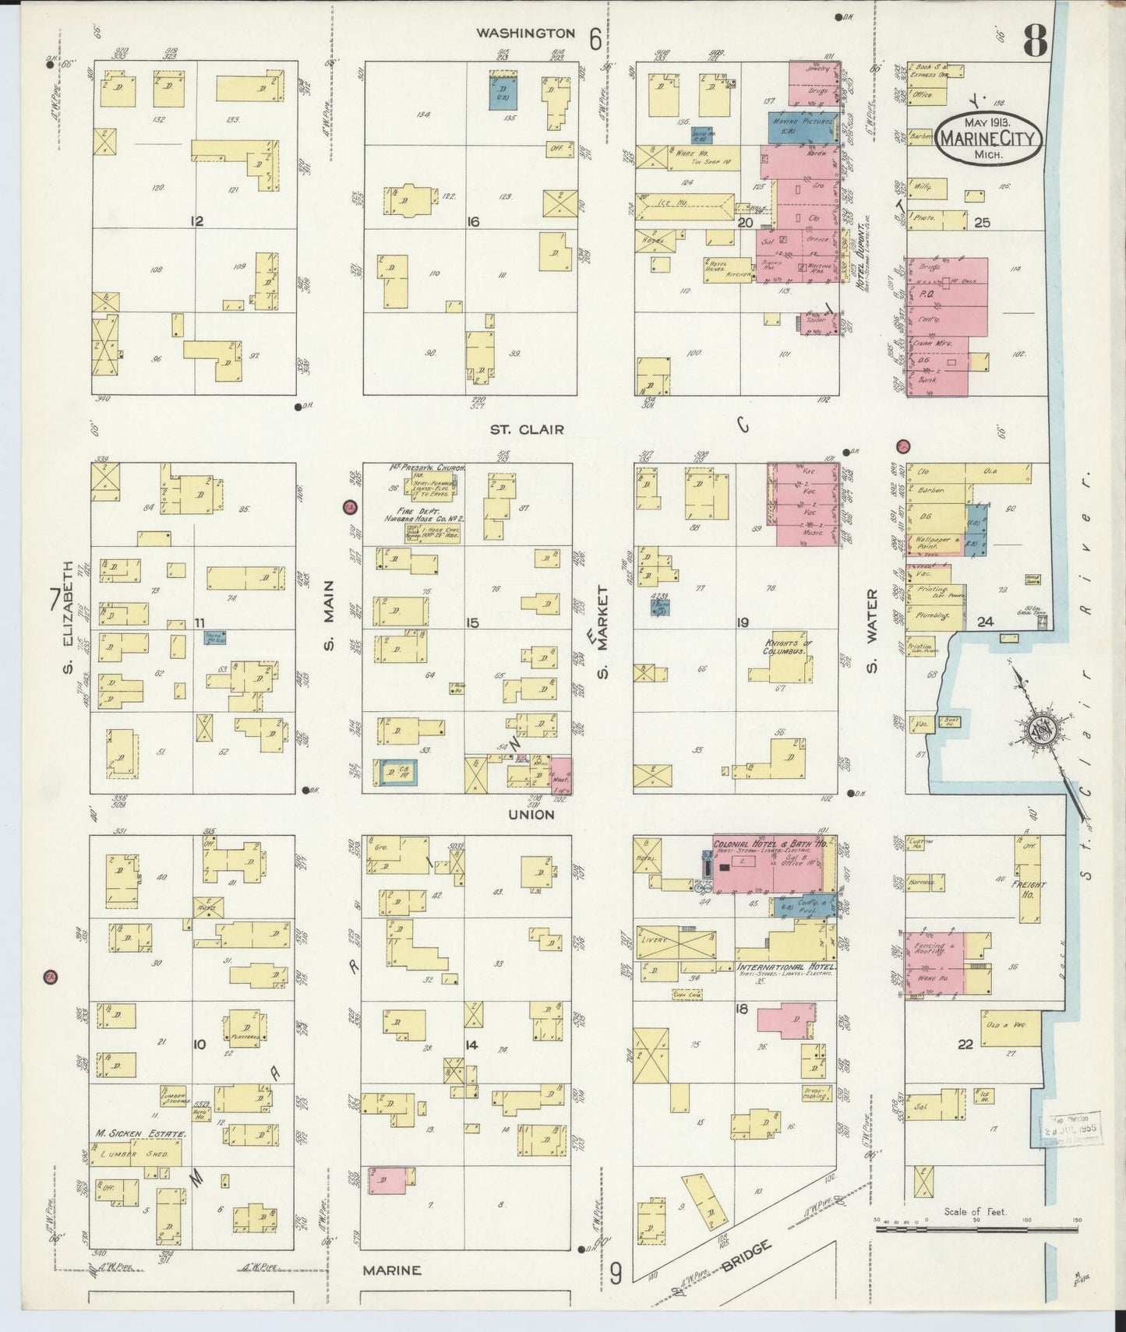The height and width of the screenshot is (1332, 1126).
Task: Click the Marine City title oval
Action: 987,139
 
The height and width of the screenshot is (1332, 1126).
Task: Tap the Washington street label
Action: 525,33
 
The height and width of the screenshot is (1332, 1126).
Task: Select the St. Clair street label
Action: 527,429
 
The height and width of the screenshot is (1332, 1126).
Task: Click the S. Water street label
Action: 872,631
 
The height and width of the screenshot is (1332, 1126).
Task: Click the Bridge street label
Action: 746,1256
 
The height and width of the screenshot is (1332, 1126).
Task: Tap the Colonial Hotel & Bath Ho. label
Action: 771,844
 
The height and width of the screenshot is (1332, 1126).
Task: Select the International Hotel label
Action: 785,967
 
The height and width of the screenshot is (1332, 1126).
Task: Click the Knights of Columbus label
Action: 789,647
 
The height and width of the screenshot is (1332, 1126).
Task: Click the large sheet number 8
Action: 1034,41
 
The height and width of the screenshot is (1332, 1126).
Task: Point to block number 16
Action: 472,222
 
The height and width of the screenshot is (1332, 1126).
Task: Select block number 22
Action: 965,1045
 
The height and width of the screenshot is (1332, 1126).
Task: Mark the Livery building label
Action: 653,939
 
